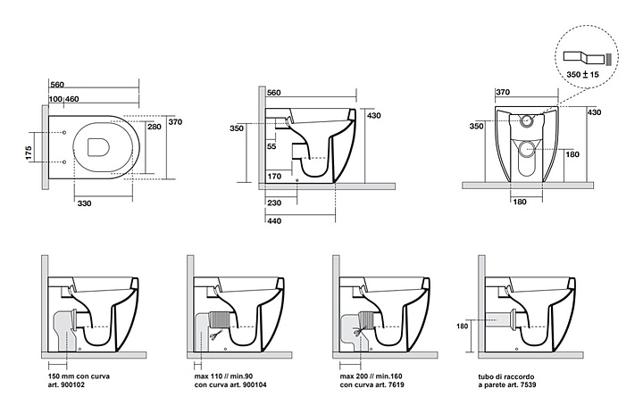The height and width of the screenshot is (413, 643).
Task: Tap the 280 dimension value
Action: tap(154, 127)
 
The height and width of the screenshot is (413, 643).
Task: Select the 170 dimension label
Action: tap(274, 177)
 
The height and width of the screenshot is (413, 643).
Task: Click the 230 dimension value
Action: tap(274, 203)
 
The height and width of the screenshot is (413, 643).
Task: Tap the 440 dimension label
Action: tap(274, 220)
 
